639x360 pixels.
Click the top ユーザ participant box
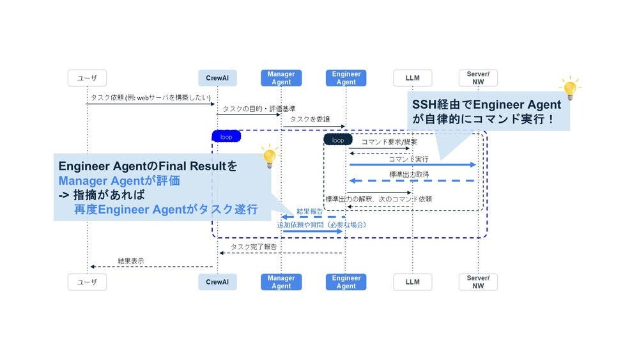pyautogui.click(x=88, y=78)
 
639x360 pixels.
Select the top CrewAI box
pyautogui.click(x=217, y=78)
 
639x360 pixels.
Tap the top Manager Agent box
pyautogui.click(x=281, y=78)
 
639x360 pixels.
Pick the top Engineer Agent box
pyautogui.click(x=346, y=78)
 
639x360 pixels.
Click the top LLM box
pyautogui.click(x=412, y=78)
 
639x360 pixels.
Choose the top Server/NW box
pyautogui.click(x=478, y=78)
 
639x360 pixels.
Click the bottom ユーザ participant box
pyautogui.click(x=88, y=282)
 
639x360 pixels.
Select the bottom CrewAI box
pyautogui.click(x=217, y=282)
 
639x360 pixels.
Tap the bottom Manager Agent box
pyautogui.click(x=281, y=282)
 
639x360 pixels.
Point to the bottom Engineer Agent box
pyautogui.click(x=346, y=282)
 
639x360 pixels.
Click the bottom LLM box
pyautogui.click(x=412, y=282)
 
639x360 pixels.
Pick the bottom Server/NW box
pyautogui.click(x=478, y=282)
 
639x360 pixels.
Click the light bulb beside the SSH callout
pyautogui.click(x=568, y=89)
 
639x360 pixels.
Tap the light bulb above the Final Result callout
pyautogui.click(x=270, y=156)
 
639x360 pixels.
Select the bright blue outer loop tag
pyautogui.click(x=226, y=136)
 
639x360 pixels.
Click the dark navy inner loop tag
pyautogui.click(x=338, y=139)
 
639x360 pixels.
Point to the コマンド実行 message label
pyautogui.click(x=408, y=159)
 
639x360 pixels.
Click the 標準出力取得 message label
pyautogui.click(x=409, y=175)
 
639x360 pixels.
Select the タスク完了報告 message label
pyautogui.click(x=254, y=247)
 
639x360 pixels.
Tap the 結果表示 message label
pyautogui.click(x=130, y=261)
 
